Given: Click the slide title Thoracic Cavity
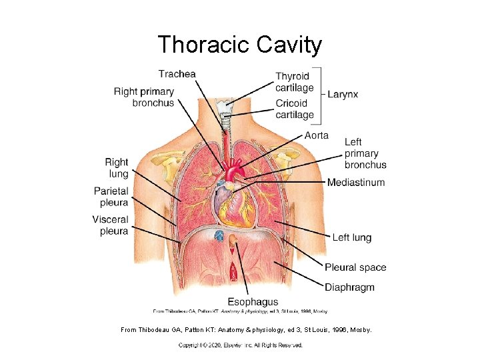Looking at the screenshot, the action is point(240,45).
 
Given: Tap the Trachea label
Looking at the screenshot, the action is point(177,74).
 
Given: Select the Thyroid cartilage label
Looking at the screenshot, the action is point(295,83).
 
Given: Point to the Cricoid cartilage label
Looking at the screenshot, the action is point(295,109).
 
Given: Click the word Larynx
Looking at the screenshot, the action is point(343,95).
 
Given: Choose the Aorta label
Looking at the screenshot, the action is point(316,135).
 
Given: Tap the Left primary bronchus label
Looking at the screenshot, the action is point(365,153).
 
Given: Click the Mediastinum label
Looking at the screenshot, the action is point(356,182).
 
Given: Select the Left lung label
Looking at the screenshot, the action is point(351,237).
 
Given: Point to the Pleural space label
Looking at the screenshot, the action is point(355,267).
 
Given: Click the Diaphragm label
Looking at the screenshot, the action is point(349,287).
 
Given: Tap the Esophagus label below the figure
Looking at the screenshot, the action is point(253,303).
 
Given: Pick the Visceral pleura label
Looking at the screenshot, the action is point(110,225).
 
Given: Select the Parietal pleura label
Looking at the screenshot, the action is point(111,197).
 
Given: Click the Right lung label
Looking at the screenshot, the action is point(116,168).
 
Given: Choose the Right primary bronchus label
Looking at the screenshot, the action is point(144,97).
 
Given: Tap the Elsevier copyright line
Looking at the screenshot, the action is point(240,345).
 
